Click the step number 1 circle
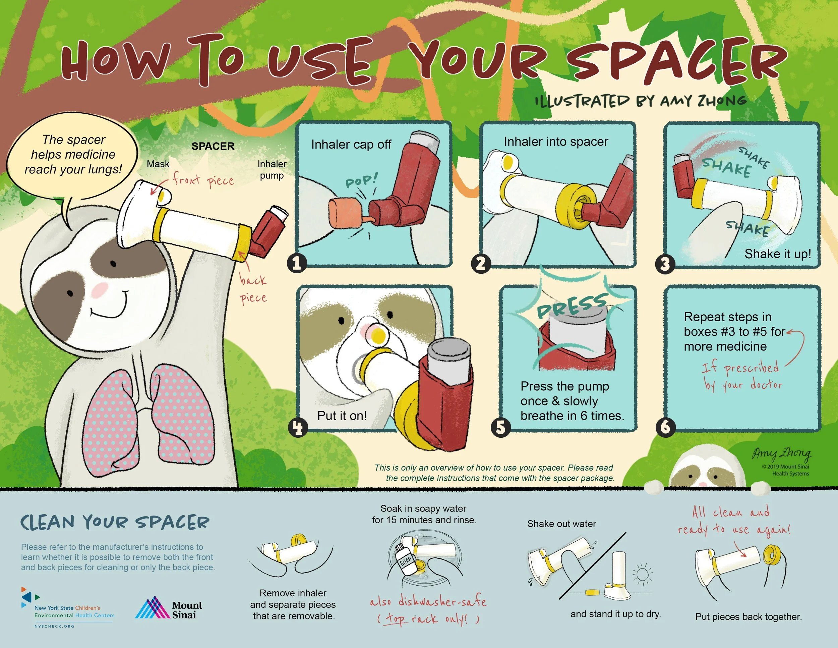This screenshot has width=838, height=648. tap(297, 263)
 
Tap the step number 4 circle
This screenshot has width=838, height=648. tap(298, 428)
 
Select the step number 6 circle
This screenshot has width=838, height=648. tap(665, 427)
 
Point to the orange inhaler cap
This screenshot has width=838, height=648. tap(345, 213)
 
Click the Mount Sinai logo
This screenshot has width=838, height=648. tap(169, 608)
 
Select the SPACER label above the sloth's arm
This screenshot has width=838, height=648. tap(213, 146)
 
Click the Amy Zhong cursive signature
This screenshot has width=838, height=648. tap(781, 454)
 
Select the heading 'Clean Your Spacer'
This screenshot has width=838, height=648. tap(115, 523)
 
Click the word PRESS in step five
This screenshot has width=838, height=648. tap(572, 306)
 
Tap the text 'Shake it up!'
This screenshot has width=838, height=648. tap(778, 254)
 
